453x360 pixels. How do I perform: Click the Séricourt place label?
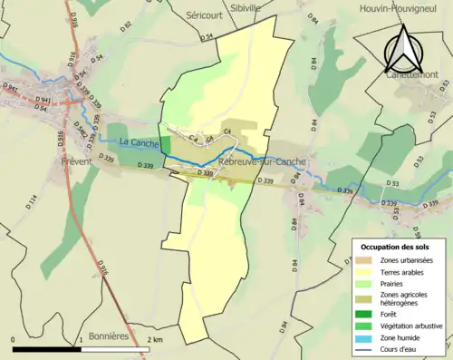coord(204,16)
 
